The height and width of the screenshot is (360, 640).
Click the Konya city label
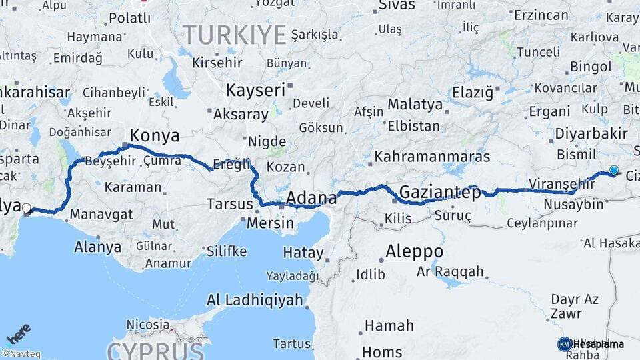pyautogui.click(x=154, y=136)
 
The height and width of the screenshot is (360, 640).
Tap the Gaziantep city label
pyautogui.click(x=440, y=193)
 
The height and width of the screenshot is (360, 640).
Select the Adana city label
pyautogui.click(x=311, y=198)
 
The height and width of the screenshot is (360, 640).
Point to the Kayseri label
pyautogui.click(x=255, y=90)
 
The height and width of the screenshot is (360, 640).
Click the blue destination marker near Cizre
pyautogui.click(x=613, y=171)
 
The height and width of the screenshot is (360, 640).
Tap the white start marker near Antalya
pyautogui.click(x=27, y=209)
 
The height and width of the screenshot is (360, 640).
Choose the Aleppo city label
pyautogui.click(x=414, y=252)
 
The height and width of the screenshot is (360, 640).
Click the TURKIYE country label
pyautogui.click(x=235, y=35)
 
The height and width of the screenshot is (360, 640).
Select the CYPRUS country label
pyautogui.click(x=155, y=351)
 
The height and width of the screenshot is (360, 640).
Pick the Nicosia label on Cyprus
pyautogui.click(x=148, y=325)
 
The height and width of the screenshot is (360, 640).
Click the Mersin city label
pyautogui.click(x=270, y=223)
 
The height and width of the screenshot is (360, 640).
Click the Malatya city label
pyautogui.click(x=415, y=105)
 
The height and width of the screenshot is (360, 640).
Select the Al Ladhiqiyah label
pyautogui.click(x=255, y=300)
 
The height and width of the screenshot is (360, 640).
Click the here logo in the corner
pyautogui.click(x=18, y=334)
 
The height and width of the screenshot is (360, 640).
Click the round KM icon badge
pyautogui.click(x=564, y=344)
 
